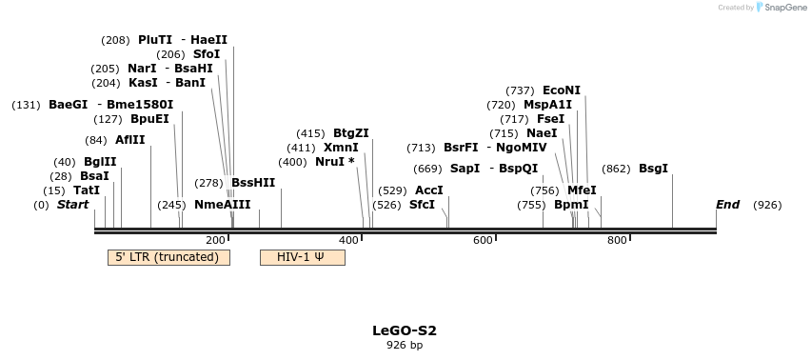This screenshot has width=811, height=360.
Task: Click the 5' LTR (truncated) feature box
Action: tap(168, 257)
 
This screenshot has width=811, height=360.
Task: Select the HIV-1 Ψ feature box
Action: tap(302, 257)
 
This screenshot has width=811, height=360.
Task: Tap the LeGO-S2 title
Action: tap(405, 330)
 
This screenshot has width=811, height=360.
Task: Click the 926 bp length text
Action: tap(405, 345)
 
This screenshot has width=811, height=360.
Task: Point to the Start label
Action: tap(72, 205)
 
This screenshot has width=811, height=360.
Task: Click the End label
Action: tap(727, 205)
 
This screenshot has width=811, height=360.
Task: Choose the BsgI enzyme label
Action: tap(653, 169)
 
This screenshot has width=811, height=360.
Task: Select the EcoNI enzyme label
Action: tap(562, 90)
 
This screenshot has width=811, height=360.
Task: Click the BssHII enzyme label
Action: tap(253, 183)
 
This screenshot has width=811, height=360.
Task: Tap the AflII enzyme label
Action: tap(129, 140)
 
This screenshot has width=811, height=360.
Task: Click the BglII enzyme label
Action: tap(100, 162)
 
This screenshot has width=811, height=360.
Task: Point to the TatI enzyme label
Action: tap(87, 190)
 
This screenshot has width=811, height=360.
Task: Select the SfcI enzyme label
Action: tap(422, 205)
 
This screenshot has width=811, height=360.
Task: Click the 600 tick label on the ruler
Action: tap(483, 240)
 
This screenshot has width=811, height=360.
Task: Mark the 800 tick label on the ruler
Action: tap(616, 240)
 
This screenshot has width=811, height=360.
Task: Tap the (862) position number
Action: tap(616, 169)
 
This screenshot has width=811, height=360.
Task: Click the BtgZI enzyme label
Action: tap(351, 133)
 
